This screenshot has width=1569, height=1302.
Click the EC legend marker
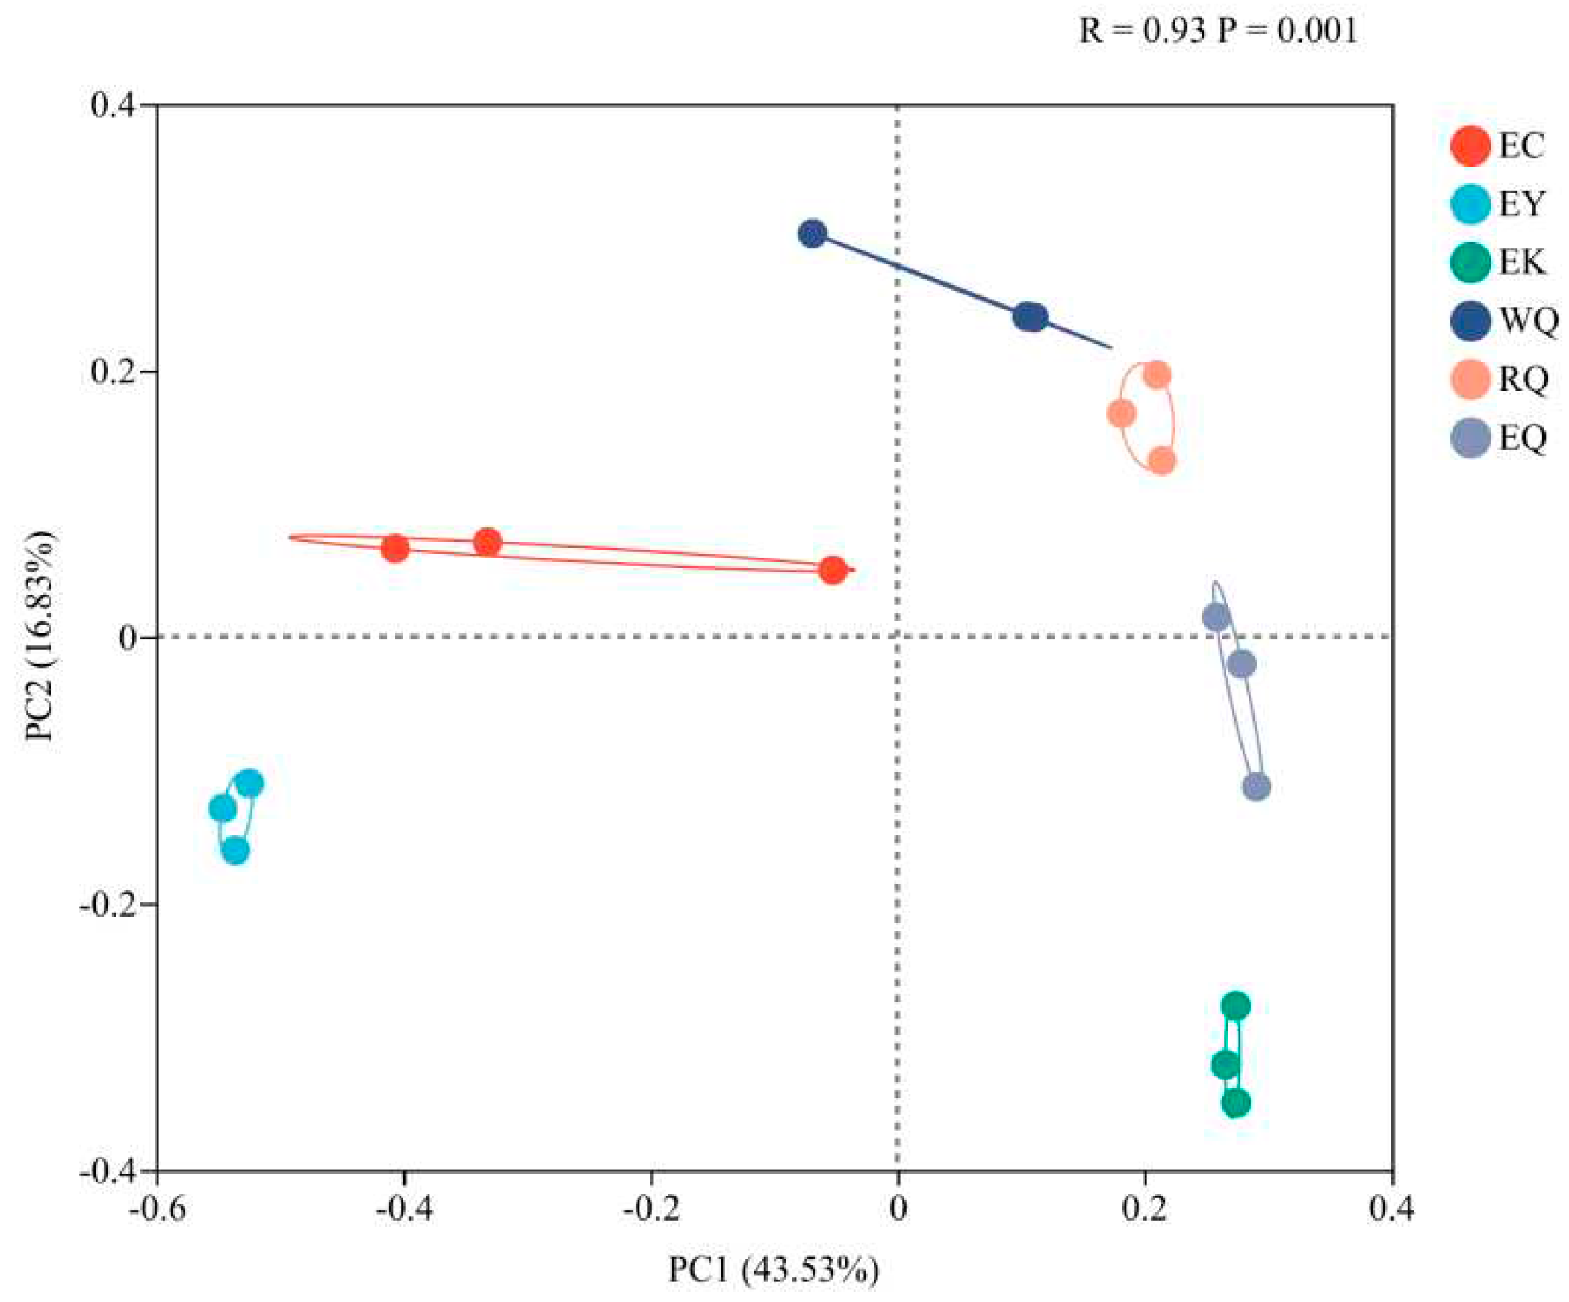[x=1470, y=146]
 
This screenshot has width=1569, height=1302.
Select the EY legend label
[x=1520, y=204]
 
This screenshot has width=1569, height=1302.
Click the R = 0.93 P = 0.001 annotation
[x=1218, y=31]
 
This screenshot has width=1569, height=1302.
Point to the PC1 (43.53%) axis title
[x=773, y=1270]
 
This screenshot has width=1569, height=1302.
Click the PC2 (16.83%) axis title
[x=39, y=635]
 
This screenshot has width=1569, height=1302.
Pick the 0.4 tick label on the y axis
[x=114, y=105]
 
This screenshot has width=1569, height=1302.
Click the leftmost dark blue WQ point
[x=813, y=234]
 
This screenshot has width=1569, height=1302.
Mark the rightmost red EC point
[x=833, y=571]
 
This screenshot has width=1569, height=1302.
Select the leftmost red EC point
[x=394, y=548]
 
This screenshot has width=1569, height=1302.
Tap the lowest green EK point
[x=1236, y=1103]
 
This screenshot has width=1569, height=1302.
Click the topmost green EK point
[x=1236, y=1006]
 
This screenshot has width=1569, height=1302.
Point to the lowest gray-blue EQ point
[x=1256, y=787]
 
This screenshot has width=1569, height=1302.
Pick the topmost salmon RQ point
[x=1157, y=375]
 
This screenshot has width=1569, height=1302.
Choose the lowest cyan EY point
[x=235, y=851]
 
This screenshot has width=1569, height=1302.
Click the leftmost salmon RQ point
[x=1121, y=413]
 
